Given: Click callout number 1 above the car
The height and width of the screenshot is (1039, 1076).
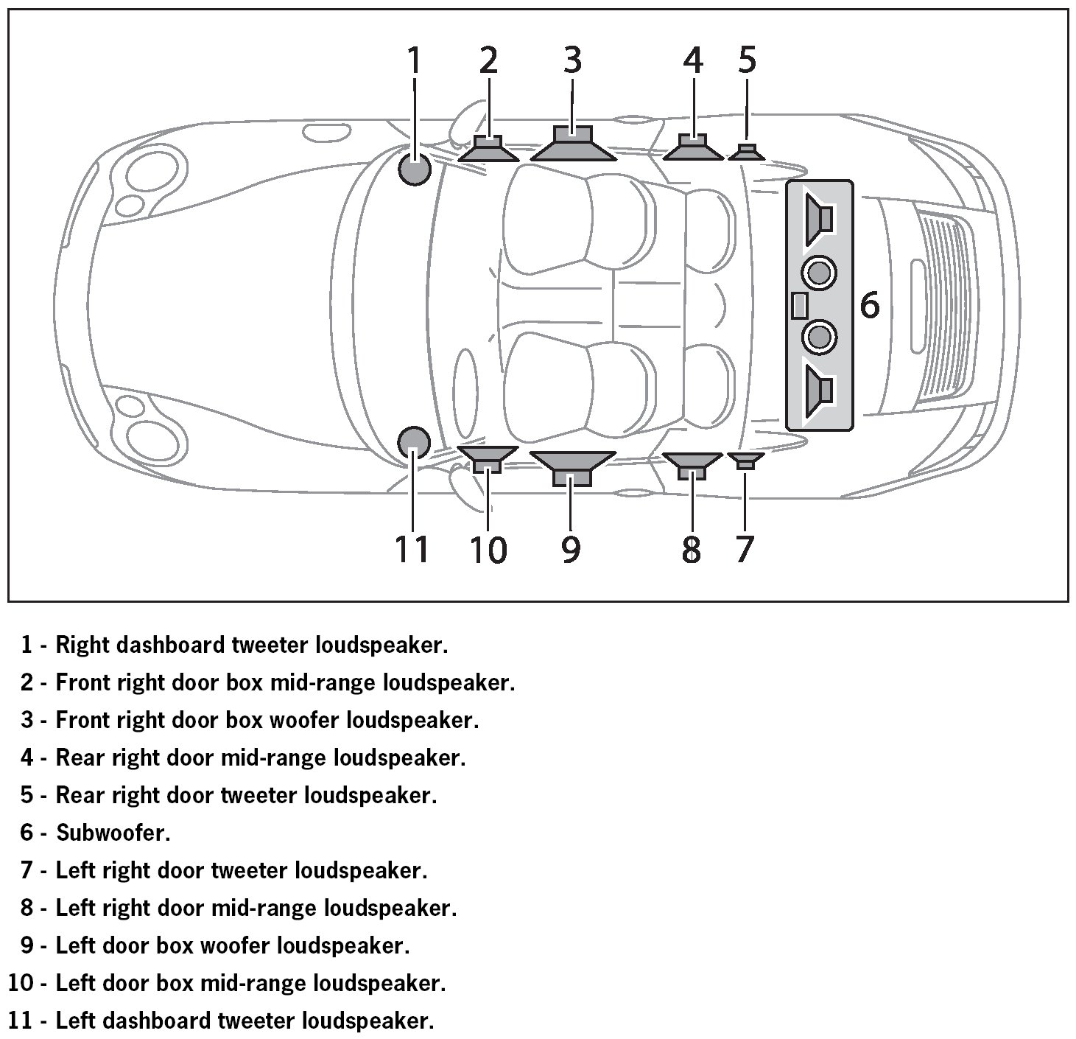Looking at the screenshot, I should point(414,60).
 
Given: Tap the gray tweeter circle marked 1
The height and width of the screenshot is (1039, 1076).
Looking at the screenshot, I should point(414,169).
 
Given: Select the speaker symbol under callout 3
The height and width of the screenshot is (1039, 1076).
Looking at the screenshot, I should point(572,144).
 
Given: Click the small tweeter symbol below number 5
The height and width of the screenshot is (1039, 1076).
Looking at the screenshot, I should point(746,153).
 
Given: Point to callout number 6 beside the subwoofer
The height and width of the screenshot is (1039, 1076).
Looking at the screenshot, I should point(870,305).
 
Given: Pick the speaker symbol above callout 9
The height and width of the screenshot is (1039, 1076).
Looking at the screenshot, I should point(572,467).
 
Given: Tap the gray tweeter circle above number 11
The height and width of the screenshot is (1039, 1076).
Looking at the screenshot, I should point(413,441).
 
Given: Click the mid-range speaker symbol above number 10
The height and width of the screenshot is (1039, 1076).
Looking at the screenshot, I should point(488,458).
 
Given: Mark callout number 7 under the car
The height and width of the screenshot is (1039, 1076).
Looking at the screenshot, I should point(745,549).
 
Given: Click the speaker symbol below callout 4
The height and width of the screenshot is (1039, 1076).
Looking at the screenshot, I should point(692,147).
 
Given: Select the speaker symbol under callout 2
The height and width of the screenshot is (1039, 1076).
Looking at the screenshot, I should point(488,149).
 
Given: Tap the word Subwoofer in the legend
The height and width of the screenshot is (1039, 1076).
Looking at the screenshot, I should point(113,833).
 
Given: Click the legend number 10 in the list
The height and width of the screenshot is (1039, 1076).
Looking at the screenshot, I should point(20,983).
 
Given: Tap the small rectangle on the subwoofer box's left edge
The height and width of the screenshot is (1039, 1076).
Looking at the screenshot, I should point(799,305).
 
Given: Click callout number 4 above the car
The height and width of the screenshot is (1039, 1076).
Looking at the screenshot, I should point(692,60).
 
